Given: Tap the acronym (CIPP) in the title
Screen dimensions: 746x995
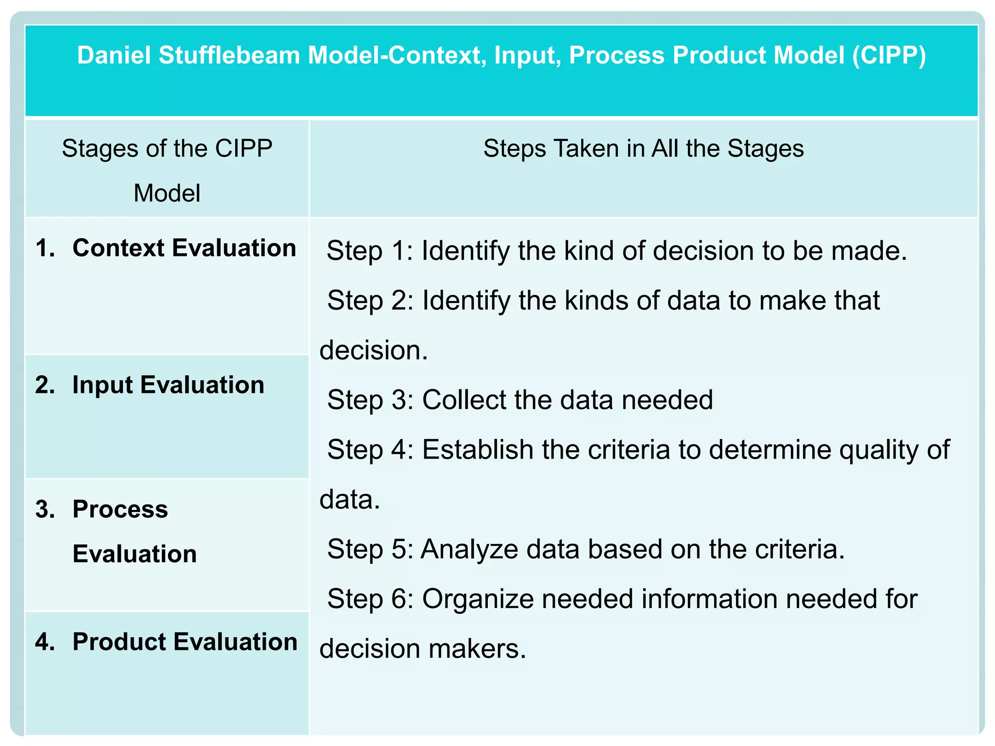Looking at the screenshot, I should pos(889,55).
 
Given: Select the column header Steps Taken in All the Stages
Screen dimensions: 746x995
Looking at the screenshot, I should pos(643,149).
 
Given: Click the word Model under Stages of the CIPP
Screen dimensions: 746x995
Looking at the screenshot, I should pos(167,193).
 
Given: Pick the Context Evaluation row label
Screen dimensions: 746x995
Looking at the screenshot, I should pos(184,248).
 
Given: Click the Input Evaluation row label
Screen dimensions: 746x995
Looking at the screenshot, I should pos(168,385).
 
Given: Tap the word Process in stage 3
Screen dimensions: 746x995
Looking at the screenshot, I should pos(120,509).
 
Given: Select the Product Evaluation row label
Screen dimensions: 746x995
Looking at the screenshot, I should pos(185,642).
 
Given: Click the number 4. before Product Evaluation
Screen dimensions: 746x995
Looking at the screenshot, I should pos(45,642).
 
